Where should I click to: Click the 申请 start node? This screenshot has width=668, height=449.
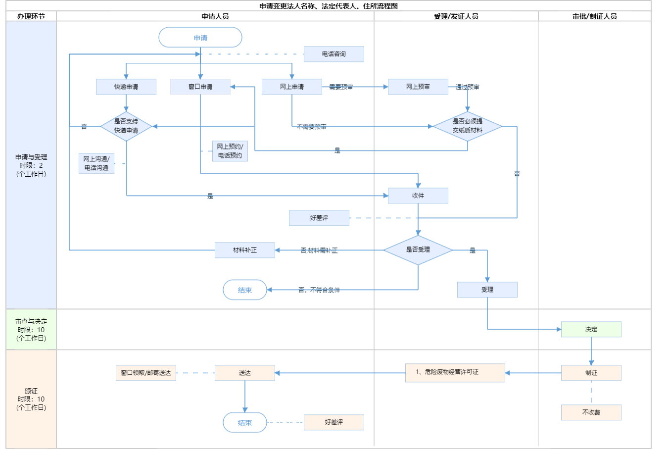[200, 38]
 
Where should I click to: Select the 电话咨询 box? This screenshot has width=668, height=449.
[334, 54]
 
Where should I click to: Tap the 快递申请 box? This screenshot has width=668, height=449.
[126, 87]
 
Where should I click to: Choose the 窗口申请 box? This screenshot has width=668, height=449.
[200, 87]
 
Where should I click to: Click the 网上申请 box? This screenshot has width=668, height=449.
[292, 87]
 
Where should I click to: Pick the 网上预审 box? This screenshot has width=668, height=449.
[418, 87]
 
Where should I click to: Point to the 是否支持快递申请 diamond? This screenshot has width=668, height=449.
[126, 126]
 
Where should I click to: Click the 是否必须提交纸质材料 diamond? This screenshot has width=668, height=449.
[468, 126]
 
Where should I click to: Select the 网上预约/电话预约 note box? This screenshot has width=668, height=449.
[230, 151]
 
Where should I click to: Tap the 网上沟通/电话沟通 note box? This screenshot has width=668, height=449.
[96, 163]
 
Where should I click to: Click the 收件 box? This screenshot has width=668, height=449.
[418, 196]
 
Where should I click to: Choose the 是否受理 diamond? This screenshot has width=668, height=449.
[418, 250]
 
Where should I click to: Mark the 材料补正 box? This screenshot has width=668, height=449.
[245, 250]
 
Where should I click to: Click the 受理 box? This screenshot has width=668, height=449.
[487, 290]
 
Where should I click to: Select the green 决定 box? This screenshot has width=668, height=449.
[591, 329]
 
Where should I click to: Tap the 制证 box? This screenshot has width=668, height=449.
[591, 373]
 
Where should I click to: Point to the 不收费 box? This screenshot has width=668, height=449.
[591, 412]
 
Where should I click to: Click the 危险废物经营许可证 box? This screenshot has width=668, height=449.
[455, 373]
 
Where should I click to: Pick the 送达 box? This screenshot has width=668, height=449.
[245, 373]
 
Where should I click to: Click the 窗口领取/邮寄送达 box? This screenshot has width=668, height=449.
[146, 373]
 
